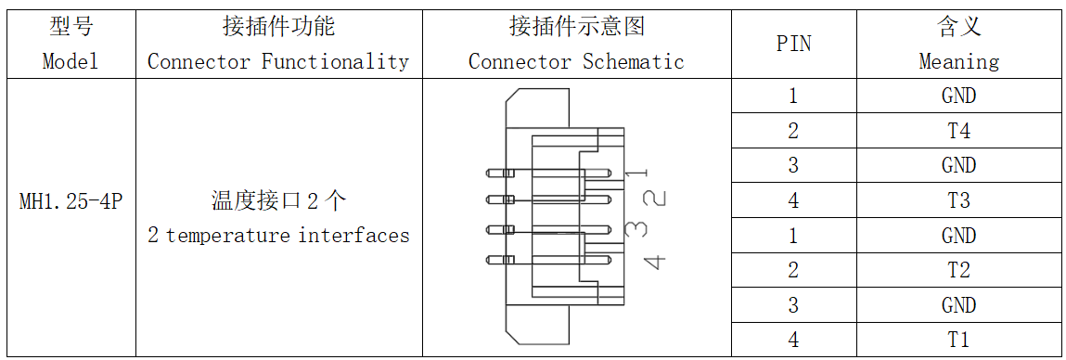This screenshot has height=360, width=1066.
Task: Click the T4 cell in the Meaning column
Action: [x=958, y=131]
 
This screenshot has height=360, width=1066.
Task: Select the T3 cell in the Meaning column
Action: [x=958, y=200]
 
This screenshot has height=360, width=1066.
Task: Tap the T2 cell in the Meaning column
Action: [x=958, y=270]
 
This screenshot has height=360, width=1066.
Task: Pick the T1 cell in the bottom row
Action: [x=958, y=340]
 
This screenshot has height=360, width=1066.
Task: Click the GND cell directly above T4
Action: [x=958, y=96]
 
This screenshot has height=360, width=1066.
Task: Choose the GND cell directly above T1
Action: [x=958, y=305]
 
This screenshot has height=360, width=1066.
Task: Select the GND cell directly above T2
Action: [x=958, y=236]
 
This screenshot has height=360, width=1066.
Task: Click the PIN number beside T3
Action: [x=792, y=200]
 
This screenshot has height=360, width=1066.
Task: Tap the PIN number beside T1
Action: [x=792, y=340]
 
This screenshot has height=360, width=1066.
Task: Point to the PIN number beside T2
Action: [x=792, y=270]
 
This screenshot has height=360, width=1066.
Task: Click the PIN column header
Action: [x=792, y=44]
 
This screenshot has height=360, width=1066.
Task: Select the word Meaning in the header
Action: [x=958, y=62]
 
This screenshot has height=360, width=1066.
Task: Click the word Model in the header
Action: [x=71, y=62]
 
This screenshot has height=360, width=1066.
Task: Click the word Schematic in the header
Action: [x=633, y=62]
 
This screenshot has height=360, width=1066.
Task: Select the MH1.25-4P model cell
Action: [x=71, y=201]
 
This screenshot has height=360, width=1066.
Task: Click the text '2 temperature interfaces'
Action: [x=278, y=236]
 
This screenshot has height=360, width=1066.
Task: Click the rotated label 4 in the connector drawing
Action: [x=654, y=262]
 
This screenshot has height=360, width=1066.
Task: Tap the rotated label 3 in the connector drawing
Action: [x=636, y=227]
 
